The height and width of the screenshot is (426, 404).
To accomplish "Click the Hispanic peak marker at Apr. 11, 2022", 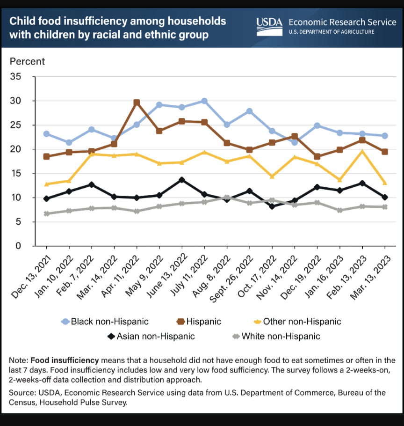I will [137, 103].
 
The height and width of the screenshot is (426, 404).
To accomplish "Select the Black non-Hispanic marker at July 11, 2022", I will [204, 101].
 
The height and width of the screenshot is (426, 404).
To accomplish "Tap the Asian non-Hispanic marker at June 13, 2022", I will [182, 180].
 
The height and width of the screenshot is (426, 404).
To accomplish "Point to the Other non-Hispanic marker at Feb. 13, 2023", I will [362, 152].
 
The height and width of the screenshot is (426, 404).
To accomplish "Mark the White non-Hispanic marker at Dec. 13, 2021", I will [46, 213].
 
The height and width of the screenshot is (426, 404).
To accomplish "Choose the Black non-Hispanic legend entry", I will [105, 322].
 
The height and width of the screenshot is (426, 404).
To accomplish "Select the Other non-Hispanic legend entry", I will [297, 322].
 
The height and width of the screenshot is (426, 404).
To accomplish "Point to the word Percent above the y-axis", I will [28, 61].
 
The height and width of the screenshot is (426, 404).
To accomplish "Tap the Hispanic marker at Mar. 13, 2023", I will [384, 152].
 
